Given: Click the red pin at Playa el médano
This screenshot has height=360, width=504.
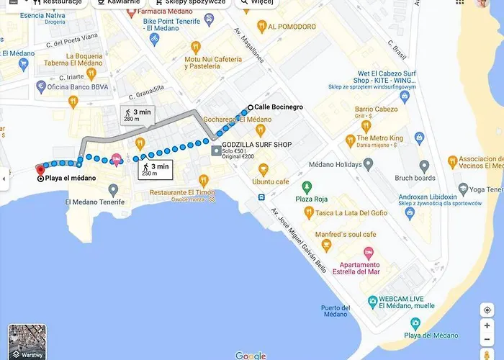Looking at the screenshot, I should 40,170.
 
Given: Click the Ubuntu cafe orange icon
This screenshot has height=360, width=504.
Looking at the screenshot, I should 263,170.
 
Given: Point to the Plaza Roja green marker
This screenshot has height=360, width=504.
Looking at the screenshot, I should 307,186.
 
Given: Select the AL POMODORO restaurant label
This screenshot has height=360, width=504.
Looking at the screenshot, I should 292,27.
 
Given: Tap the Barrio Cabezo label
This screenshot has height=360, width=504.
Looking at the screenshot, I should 376,109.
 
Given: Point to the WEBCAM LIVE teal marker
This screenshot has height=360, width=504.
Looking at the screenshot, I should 372,300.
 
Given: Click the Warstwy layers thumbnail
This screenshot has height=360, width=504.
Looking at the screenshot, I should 27,342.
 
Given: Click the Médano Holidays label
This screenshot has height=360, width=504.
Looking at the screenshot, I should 334,164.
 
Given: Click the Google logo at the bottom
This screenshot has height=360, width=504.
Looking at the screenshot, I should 251,356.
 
